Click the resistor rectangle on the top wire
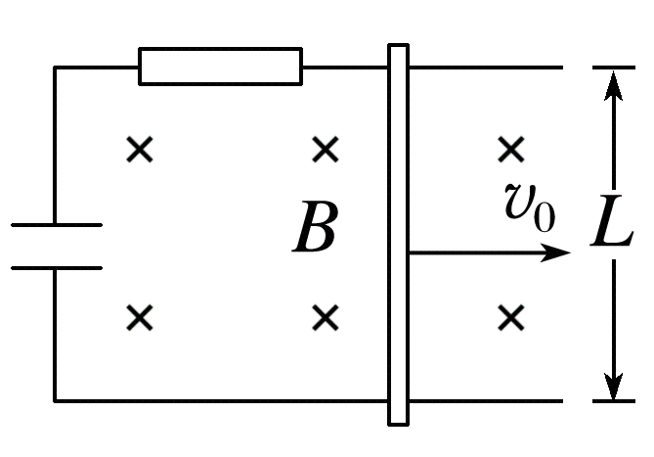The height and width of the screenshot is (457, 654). pyautogui.click(x=220, y=67)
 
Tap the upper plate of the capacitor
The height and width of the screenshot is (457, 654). pyautogui.click(x=56, y=225)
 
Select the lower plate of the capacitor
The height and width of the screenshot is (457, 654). pyautogui.click(x=56, y=267)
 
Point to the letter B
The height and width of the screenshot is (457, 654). pyautogui.click(x=315, y=231)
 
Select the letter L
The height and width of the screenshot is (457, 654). pyautogui.click(x=613, y=232)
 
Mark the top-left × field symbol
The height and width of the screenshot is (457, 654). pyautogui.click(x=141, y=150)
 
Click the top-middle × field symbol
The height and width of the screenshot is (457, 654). pyautogui.click(x=326, y=150)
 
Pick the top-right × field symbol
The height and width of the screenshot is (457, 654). pyautogui.click(x=510, y=150)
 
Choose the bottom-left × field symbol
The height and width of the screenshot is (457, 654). pyautogui.click(x=141, y=317)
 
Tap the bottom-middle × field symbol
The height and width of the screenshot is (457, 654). pyautogui.click(x=326, y=317)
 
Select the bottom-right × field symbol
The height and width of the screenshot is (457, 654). pyautogui.click(x=510, y=317)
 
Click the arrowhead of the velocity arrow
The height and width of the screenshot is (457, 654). pyautogui.click(x=557, y=252)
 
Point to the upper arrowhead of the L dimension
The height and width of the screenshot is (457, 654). pyautogui.click(x=613, y=83)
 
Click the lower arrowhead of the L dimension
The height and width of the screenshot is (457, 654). pyautogui.click(x=613, y=385)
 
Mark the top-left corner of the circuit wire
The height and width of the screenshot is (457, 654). pyautogui.click(x=55, y=68)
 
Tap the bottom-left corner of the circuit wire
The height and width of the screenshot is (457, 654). pyautogui.click(x=55, y=400)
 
